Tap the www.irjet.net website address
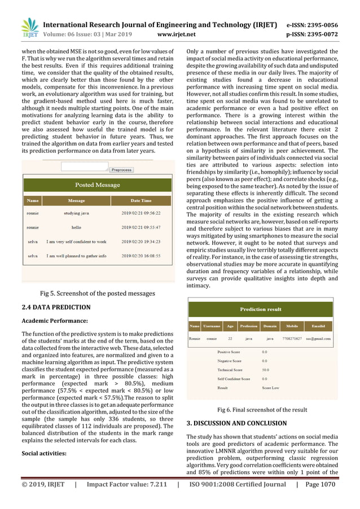176,35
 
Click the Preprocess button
121,169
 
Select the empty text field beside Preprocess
84,167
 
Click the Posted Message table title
97,185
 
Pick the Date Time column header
141,200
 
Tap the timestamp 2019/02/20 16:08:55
141,256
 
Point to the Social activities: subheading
43,453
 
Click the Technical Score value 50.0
265,370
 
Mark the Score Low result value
270,388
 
